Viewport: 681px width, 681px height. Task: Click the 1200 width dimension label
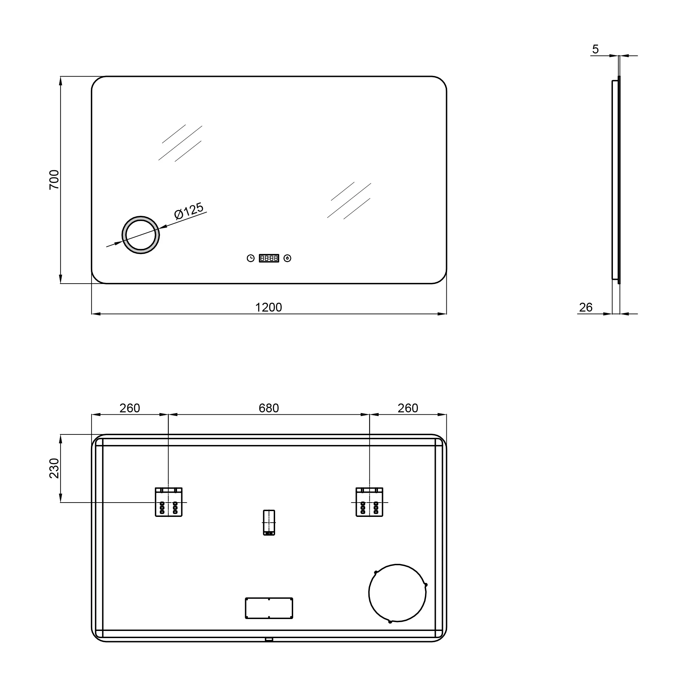pos(268,307)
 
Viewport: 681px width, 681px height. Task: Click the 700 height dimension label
pos(54,180)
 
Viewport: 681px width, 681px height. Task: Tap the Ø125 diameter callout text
pos(189,211)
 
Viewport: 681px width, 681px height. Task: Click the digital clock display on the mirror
pos(269,258)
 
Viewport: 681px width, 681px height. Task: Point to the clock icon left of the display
pos(251,258)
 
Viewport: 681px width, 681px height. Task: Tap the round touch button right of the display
pos(288,258)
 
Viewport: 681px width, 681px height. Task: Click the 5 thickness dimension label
pos(595,49)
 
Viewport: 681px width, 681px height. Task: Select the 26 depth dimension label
pos(585,307)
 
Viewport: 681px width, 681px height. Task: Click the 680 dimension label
pos(269,408)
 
